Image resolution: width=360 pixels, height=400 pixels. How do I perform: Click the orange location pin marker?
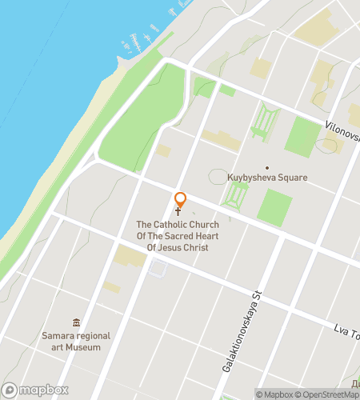[x=181, y=200]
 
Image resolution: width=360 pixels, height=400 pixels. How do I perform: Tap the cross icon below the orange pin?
[x=178, y=213]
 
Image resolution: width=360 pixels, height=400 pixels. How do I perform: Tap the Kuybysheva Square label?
[x=267, y=178]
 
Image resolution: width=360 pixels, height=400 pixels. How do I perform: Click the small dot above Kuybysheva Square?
[x=267, y=167]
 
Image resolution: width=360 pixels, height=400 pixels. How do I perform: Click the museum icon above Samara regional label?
[x=77, y=322]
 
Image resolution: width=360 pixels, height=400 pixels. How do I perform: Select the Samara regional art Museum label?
[x=77, y=342]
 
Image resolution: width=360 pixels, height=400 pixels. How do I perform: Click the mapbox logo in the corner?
[x=34, y=390]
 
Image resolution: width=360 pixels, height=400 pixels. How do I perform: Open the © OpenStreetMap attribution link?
[x=328, y=394]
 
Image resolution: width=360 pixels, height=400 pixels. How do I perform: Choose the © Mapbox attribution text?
[x=274, y=394]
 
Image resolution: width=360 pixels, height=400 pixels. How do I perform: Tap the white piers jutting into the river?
[x=132, y=40]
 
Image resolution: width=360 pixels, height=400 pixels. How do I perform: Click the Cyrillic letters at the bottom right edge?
[x=353, y=380]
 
